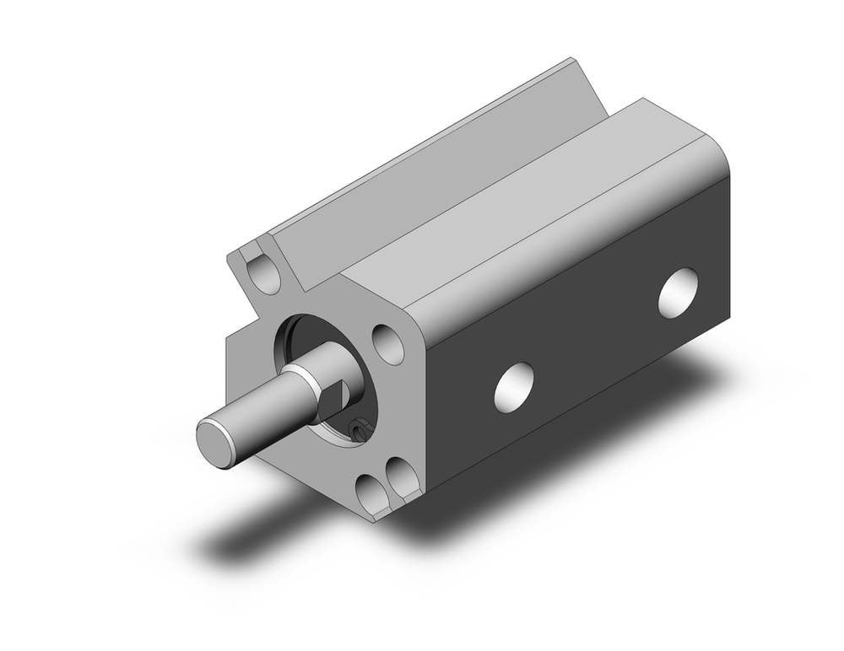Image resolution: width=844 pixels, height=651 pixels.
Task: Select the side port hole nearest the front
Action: coord(514,387)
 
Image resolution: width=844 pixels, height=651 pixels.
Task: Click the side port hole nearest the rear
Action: coord(678,293)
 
